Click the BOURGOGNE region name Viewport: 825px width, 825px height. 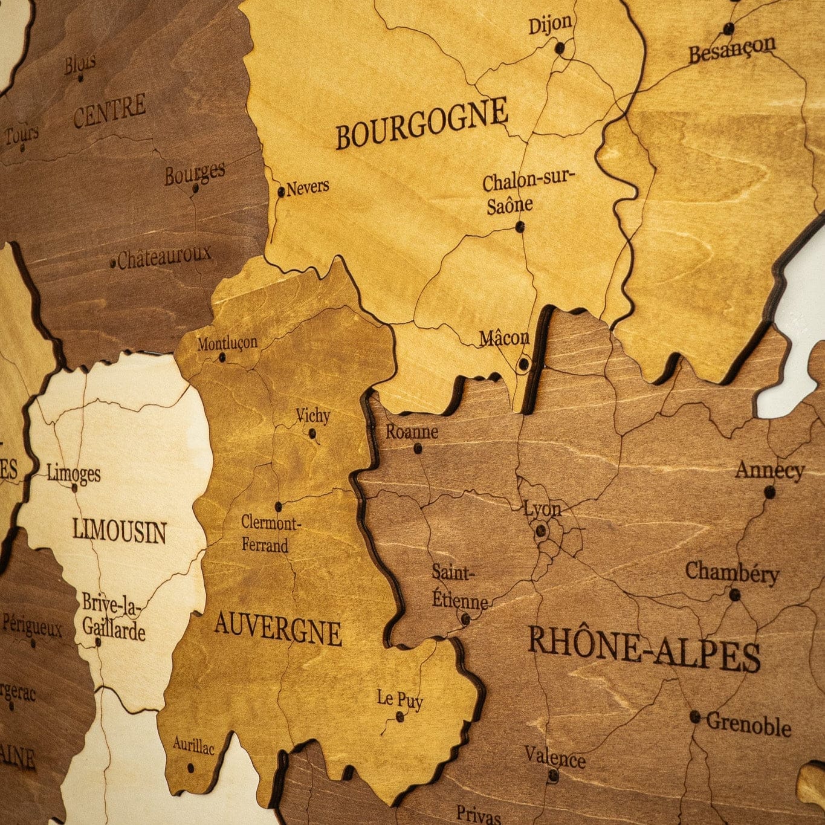point(421,123)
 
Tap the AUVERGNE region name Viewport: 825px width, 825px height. point(277,628)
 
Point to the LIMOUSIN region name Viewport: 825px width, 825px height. point(119,531)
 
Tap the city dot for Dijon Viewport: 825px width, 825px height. point(560,47)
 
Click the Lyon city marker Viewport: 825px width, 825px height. point(541,531)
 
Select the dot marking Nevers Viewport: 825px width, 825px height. point(281,192)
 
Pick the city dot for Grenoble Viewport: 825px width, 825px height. point(695,717)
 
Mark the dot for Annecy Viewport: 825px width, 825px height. point(769,492)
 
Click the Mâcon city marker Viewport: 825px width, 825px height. point(523,364)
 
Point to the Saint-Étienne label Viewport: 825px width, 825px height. point(459,586)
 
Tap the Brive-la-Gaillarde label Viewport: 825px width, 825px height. point(114,616)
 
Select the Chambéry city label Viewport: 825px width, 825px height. point(731,572)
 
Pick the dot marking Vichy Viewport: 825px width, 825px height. point(312,433)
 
